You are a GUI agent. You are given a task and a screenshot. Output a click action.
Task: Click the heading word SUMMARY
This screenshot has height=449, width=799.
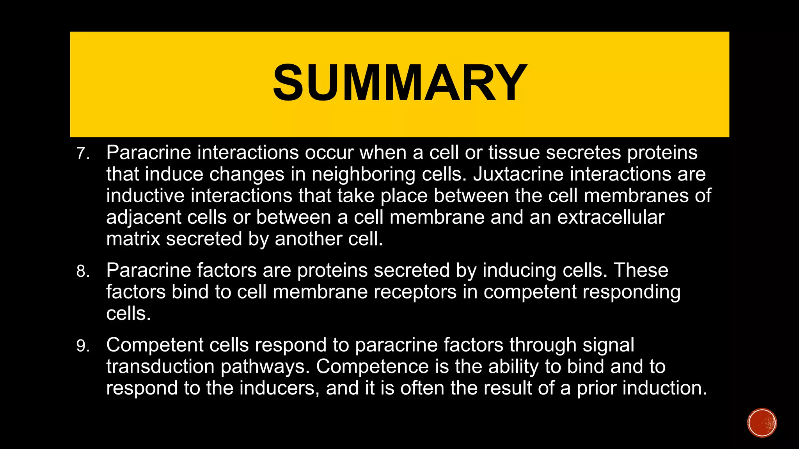pos(399,83)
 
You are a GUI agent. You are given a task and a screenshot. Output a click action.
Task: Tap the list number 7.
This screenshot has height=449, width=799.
pos(82,154)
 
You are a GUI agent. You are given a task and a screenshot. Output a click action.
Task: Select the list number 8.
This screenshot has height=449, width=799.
pos(82,271)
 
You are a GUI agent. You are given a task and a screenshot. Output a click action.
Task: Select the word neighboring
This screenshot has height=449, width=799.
pos(364,174)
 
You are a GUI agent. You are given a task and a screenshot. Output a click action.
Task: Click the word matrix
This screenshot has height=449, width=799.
pos(133,239)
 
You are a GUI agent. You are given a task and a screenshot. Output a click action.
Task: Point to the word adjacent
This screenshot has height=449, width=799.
pos(144,217)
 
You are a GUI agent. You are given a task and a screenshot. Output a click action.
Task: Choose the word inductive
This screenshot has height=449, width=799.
pos(145,196)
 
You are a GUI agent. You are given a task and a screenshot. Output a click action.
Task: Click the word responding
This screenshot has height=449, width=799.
pos(632,292)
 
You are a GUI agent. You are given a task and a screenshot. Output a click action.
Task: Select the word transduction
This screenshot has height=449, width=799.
pos(160,366)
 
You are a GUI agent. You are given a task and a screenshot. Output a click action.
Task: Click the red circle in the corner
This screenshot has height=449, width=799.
pos(762,423)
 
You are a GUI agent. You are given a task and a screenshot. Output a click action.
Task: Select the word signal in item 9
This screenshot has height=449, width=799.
pos(608,345)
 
